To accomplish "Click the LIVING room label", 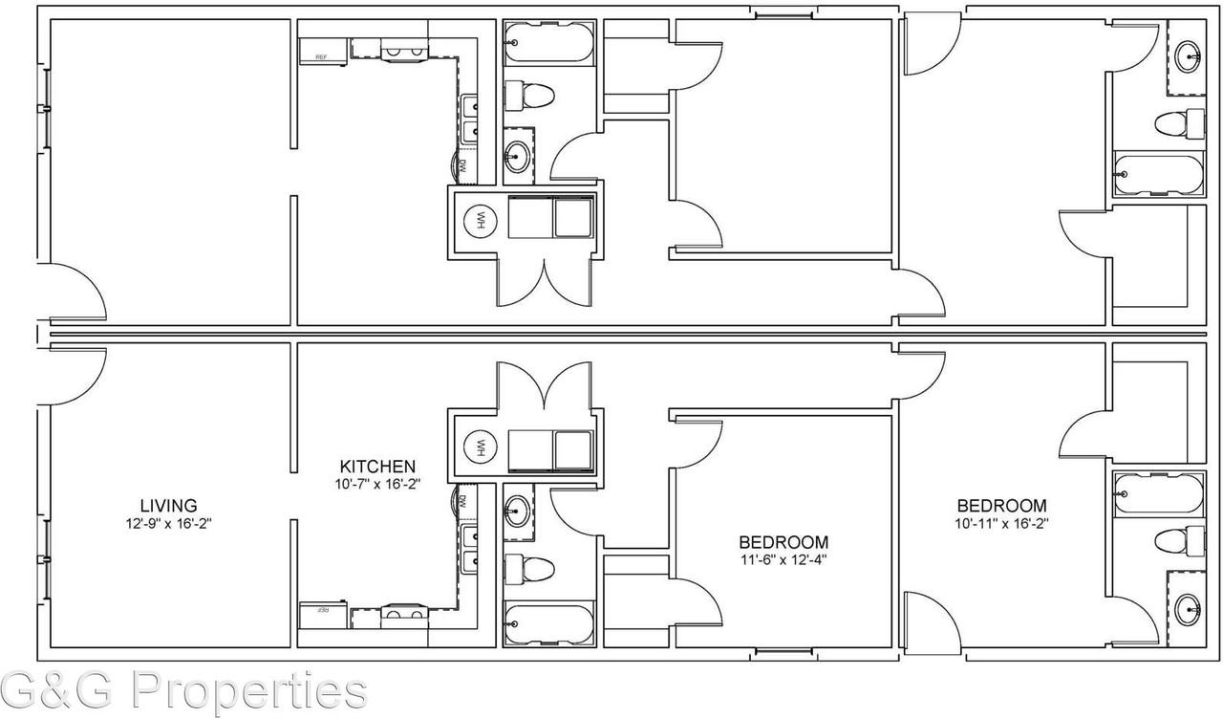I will click(x=168, y=505).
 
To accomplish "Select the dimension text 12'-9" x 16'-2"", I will click(x=168, y=524).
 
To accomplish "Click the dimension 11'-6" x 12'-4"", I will click(x=782, y=560).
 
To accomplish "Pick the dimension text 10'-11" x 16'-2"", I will click(x=1001, y=524).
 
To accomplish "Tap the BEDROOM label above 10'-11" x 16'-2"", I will click(x=1001, y=506).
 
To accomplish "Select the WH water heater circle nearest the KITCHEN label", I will click(x=480, y=446).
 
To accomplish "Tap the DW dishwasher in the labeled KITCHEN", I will click(x=461, y=501).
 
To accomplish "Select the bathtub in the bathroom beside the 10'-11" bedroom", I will click(x=1155, y=493).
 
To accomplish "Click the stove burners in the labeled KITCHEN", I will click(x=404, y=613).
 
